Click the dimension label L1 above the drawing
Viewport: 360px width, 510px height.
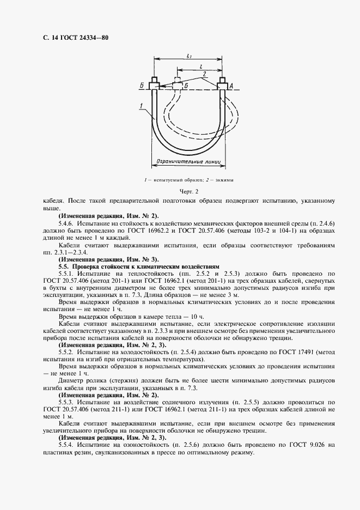click(188, 56)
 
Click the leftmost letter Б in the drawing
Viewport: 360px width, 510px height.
click(143, 86)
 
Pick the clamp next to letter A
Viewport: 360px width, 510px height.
click(222, 83)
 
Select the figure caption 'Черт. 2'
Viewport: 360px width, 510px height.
click(190, 191)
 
